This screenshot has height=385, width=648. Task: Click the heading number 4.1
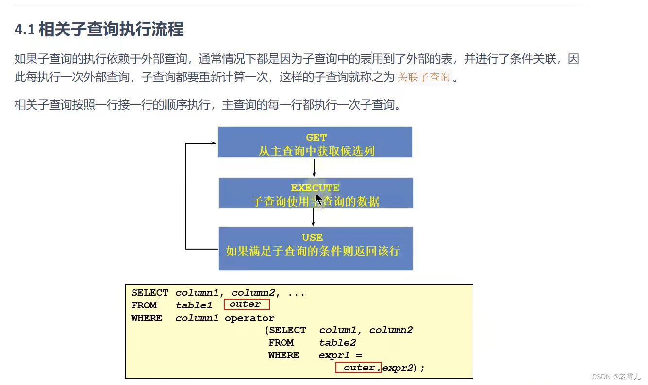(24, 30)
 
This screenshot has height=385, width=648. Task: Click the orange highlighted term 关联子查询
(423, 77)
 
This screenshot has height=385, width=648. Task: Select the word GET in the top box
(316, 138)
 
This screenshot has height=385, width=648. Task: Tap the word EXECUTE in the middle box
(315, 188)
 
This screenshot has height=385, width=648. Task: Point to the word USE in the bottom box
(312, 237)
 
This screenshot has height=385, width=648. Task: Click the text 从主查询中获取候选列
(316, 151)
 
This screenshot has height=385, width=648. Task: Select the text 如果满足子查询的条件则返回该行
(313, 251)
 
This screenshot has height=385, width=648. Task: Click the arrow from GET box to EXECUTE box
(315, 167)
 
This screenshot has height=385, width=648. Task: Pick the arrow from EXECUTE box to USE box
(314, 217)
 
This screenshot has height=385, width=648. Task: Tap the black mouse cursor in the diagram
(318, 200)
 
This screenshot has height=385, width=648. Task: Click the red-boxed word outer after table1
(246, 305)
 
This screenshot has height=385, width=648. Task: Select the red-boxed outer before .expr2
(359, 368)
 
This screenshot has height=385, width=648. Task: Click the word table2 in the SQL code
(337, 342)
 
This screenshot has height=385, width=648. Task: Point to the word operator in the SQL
(249, 318)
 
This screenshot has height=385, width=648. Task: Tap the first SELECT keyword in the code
(150, 293)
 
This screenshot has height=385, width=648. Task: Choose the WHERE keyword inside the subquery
(283, 355)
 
